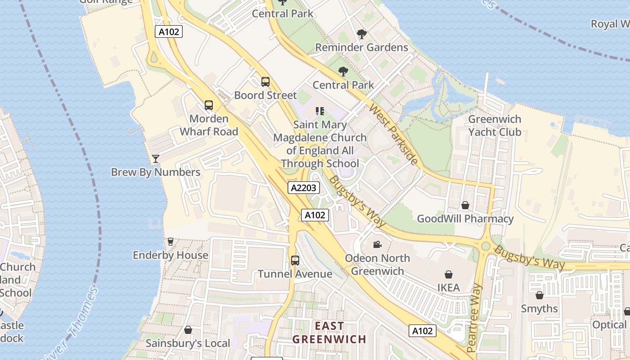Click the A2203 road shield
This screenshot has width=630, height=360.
(304, 188)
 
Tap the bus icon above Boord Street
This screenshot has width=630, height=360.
(265, 82)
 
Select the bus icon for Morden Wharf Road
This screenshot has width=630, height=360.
(208, 105)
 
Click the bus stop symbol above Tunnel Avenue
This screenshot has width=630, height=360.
(295, 260)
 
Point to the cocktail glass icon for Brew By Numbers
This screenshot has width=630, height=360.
(156, 158)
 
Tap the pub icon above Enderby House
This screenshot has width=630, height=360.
(170, 242)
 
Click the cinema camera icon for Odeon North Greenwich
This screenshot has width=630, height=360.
(377, 244)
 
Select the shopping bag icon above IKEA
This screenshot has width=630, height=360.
(448, 274)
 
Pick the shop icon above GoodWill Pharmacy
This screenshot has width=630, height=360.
(465, 205)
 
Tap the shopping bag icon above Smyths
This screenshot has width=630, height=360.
(539, 295)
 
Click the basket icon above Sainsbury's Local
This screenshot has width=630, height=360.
(188, 330)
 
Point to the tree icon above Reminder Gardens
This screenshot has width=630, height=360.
(361, 34)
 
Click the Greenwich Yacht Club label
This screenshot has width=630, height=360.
(495, 126)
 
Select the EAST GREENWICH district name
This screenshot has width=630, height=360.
(329, 333)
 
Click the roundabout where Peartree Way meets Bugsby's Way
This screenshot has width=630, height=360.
(485, 246)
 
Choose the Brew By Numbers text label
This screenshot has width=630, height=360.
(156, 172)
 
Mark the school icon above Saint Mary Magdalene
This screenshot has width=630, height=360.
(320, 111)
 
